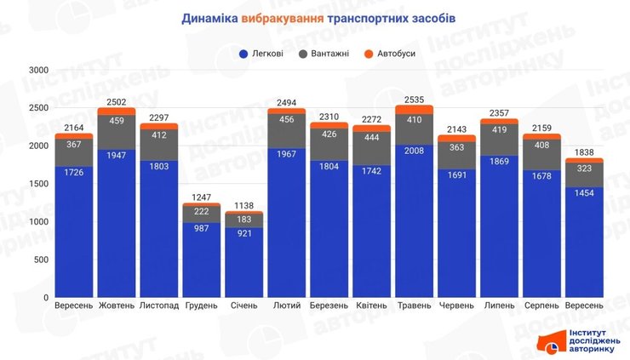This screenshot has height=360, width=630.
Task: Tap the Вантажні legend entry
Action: click(x=326, y=54)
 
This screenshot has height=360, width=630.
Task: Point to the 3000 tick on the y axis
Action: click(x=37, y=70)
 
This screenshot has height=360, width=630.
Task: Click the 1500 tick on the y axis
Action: click(x=37, y=184)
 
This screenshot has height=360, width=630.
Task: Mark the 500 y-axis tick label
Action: click(x=41, y=260)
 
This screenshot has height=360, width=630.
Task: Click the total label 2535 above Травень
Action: click(x=415, y=99)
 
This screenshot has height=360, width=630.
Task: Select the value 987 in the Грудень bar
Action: click(x=202, y=230)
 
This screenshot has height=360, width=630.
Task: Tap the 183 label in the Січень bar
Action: click(x=244, y=220)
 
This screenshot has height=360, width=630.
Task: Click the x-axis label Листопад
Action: click(x=159, y=306)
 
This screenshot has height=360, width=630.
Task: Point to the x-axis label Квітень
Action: click(x=372, y=306)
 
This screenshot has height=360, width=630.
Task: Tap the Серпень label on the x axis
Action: click(x=541, y=306)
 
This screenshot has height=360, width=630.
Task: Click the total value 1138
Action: click(x=244, y=205)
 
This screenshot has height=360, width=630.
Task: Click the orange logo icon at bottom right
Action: click(x=550, y=342)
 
